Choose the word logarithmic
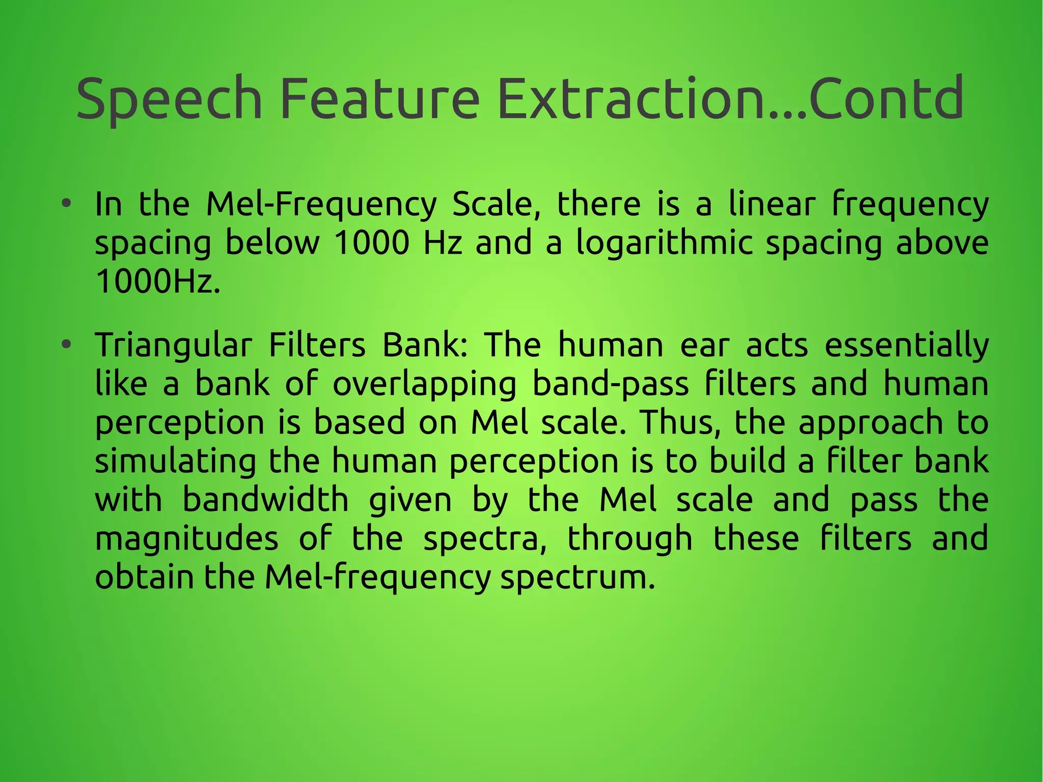(x=664, y=243)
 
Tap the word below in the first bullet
(x=272, y=243)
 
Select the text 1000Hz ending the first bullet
(x=158, y=282)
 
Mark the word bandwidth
(x=265, y=500)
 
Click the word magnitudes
(x=186, y=538)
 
